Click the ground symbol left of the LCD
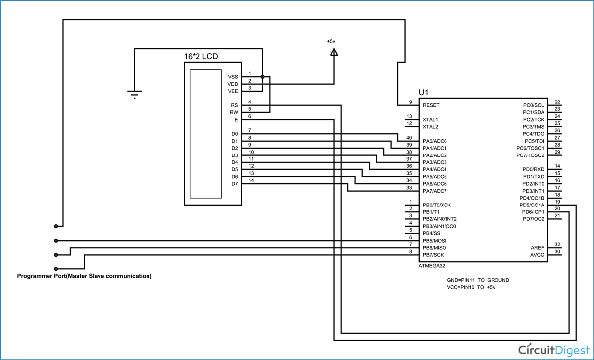[134, 94]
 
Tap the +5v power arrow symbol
[334, 51]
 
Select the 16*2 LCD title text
[201, 57]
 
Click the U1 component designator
[424, 92]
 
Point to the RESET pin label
[431, 105]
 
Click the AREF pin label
[537, 248]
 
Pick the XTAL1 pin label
[430, 120]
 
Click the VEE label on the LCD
[233, 91]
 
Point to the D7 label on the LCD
[234, 184]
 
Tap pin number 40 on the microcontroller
[409, 138]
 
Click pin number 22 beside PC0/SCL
[557, 102]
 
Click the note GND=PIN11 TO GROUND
[478, 280]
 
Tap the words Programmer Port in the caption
[41, 276]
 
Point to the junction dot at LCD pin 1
[262, 77]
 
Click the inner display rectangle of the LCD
[205, 133]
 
